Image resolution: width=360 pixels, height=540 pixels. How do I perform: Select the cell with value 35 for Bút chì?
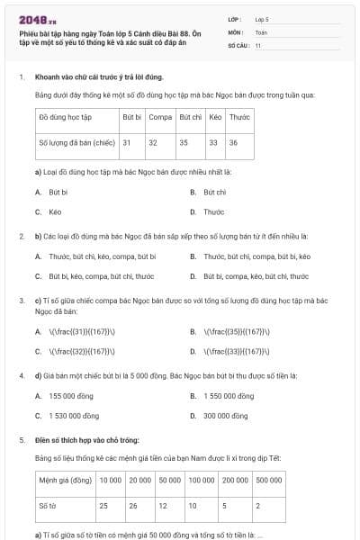pos(184,142)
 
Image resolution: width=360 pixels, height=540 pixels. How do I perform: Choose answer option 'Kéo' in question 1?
pos(55,212)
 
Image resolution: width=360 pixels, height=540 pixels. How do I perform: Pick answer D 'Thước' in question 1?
pos(213,212)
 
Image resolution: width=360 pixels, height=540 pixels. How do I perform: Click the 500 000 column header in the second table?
pos(268,481)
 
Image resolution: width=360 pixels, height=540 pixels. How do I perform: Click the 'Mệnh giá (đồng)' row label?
pos(66,481)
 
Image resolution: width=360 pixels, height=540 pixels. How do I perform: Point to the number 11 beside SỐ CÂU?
pos(258,44)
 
